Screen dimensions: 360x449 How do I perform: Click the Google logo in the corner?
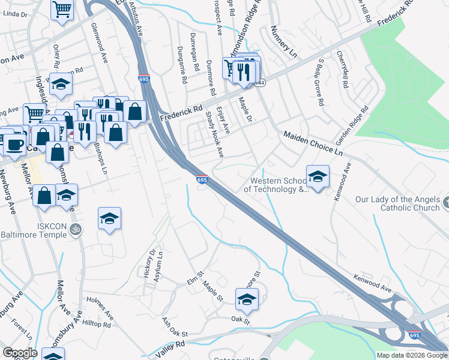pos(19,353)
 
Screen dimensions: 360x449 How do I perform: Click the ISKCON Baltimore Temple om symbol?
pos(75,229)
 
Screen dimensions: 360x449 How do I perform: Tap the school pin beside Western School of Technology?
pos(318,176)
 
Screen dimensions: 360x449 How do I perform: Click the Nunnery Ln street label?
pos(284,41)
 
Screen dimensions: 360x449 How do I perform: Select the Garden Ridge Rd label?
pos(351,126)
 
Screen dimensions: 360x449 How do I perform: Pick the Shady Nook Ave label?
pos(215,135)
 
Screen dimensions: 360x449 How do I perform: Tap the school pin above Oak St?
pos(247,299)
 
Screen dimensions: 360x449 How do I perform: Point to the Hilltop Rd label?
pos(97,324)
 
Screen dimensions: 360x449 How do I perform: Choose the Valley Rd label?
pos(172,347)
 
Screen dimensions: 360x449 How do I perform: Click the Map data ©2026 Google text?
pos(412,355)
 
